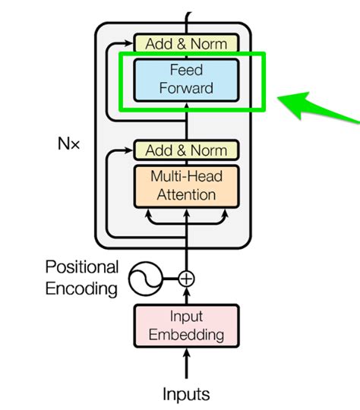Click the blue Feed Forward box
click(186, 79)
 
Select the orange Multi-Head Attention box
click(186, 185)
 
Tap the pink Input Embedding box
click(186, 325)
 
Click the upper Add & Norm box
click(186, 44)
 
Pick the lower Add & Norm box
click(186, 149)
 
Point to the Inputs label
click(186, 394)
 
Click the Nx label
click(68, 143)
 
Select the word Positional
click(81, 267)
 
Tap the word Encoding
click(81, 288)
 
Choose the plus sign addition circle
click(186, 279)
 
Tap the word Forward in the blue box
click(186, 88)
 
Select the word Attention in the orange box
click(186, 194)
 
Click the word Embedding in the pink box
click(186, 334)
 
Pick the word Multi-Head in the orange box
click(186, 176)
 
